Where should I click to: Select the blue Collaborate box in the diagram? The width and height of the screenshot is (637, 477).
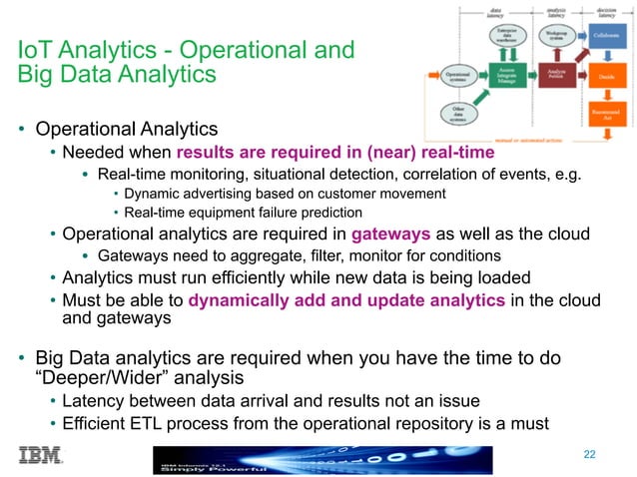[x=605, y=35]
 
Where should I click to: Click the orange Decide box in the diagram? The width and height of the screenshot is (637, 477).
[x=605, y=75]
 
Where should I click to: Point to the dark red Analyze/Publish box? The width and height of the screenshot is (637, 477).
[x=558, y=73]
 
